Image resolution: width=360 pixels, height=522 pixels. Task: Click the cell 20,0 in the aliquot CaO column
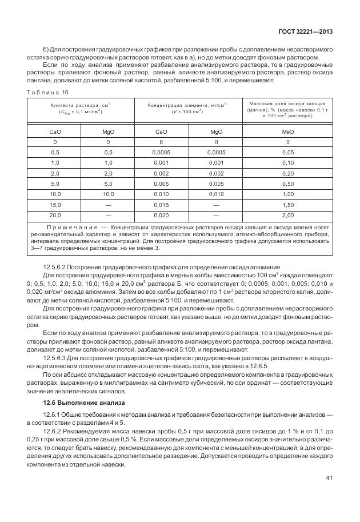(55, 215)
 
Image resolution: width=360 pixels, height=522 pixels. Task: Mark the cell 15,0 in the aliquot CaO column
(55, 205)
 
